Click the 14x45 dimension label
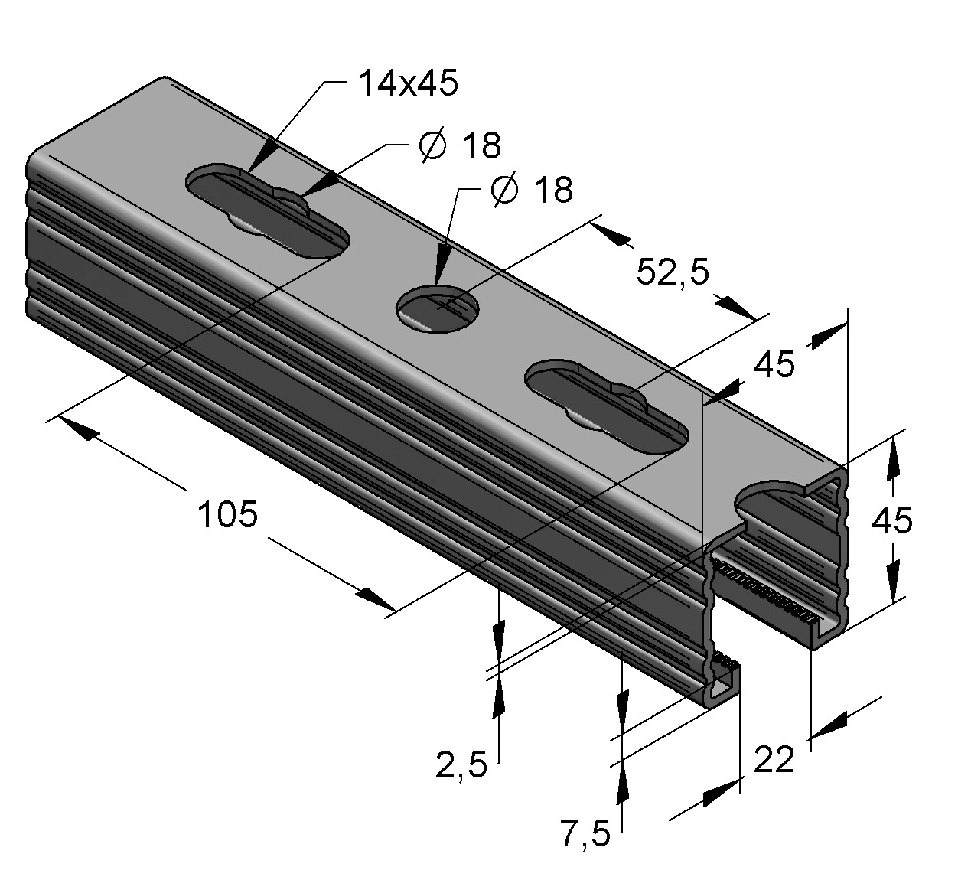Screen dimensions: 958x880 pyautogui.click(x=408, y=83)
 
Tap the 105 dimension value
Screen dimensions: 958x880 pyautogui.click(x=228, y=514)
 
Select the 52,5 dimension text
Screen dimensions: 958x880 pyautogui.click(x=673, y=272)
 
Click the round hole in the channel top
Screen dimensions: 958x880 pyautogui.click(x=438, y=309)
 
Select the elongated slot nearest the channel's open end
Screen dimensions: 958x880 pyautogui.click(x=607, y=406)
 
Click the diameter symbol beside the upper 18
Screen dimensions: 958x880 pyautogui.click(x=433, y=145)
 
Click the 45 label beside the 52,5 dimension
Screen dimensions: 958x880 pyautogui.click(x=774, y=363)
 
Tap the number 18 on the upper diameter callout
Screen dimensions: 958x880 pyautogui.click(x=482, y=145)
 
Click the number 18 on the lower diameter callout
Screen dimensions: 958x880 pyautogui.click(x=553, y=189)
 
